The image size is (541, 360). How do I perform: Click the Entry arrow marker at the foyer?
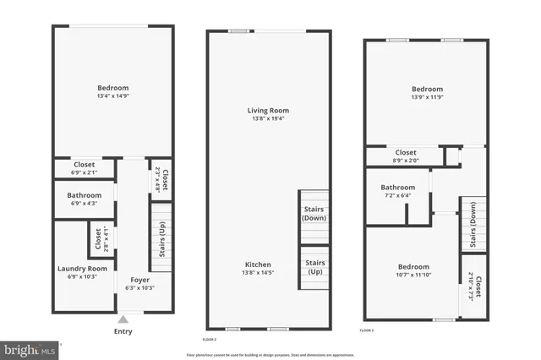[x=123, y=319]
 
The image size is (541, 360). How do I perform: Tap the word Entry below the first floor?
[x=123, y=331]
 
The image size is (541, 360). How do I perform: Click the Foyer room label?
[x=140, y=280]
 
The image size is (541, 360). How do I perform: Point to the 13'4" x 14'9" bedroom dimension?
[x=112, y=96]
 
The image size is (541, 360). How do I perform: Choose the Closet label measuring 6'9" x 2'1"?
[x=84, y=172]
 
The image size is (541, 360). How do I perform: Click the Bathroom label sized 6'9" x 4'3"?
[x=84, y=203]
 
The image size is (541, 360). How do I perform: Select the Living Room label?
[x=268, y=111]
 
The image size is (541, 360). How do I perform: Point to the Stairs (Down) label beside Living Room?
[x=314, y=213]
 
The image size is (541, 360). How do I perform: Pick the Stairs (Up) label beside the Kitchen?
[x=314, y=267]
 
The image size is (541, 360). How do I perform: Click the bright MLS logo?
[x=30, y=347]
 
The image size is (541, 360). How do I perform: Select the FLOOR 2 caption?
[x=209, y=339]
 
